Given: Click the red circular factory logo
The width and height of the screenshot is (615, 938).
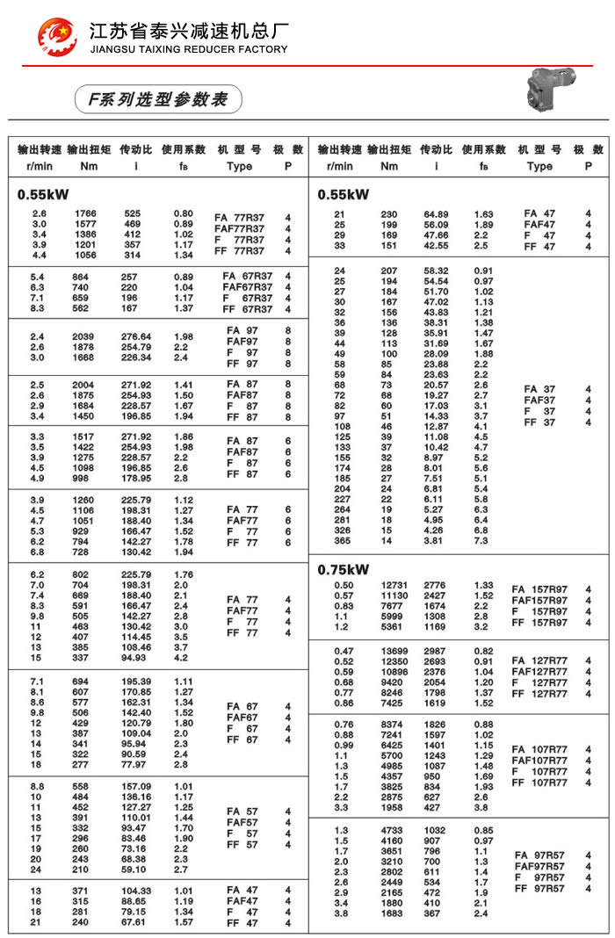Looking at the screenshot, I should pos(57,34).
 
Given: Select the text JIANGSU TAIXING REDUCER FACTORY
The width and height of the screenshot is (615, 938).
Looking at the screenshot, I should pos(189,49).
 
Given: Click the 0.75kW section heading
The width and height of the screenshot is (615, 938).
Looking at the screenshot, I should pos(344,569).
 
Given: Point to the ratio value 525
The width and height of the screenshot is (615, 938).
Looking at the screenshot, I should pos(133,213).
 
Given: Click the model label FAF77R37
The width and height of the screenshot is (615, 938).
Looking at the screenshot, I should pos(239,228).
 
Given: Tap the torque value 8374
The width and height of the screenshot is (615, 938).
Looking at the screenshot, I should pos(392,724).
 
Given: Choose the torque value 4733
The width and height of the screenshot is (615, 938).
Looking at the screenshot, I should pos(392,830).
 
